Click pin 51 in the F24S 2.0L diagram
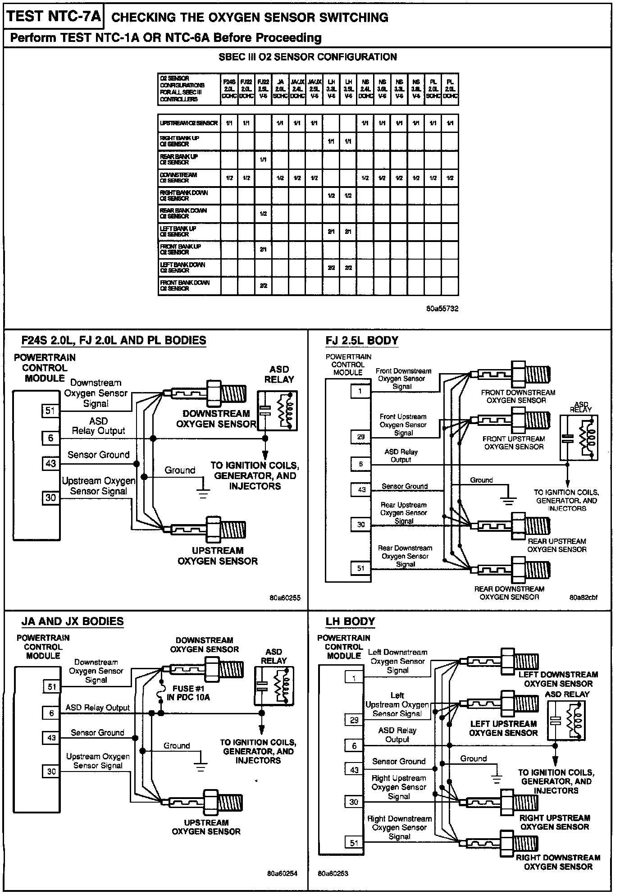pos(50,411)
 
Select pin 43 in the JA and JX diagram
pos(52,738)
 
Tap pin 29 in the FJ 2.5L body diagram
pos(360,437)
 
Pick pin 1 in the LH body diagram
pos(354,677)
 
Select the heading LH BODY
pos(350,621)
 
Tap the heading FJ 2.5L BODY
pos(362,341)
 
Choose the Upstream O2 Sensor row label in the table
pos(189,123)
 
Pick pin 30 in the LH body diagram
pos(354,802)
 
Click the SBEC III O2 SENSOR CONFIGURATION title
pos(307,57)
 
